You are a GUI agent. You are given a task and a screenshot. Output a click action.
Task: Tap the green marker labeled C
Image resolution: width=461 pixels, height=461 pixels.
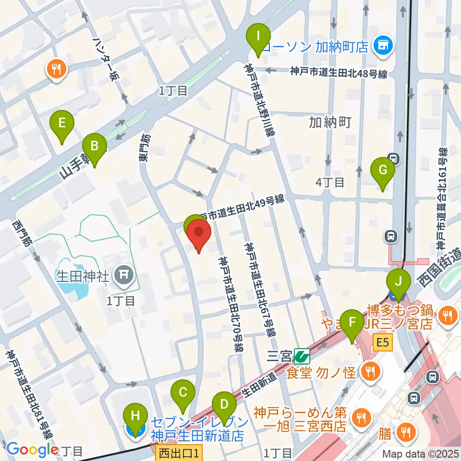click(x=183, y=392)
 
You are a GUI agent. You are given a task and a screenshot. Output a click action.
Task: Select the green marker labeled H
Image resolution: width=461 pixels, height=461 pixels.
click(x=135, y=417)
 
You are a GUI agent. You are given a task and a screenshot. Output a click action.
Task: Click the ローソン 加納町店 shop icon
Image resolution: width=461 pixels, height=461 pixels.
click(x=383, y=46)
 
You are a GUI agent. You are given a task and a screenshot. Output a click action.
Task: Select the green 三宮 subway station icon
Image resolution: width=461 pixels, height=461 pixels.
click(x=302, y=356)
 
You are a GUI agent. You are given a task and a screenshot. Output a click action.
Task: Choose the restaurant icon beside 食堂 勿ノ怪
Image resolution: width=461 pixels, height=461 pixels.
click(x=370, y=370)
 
